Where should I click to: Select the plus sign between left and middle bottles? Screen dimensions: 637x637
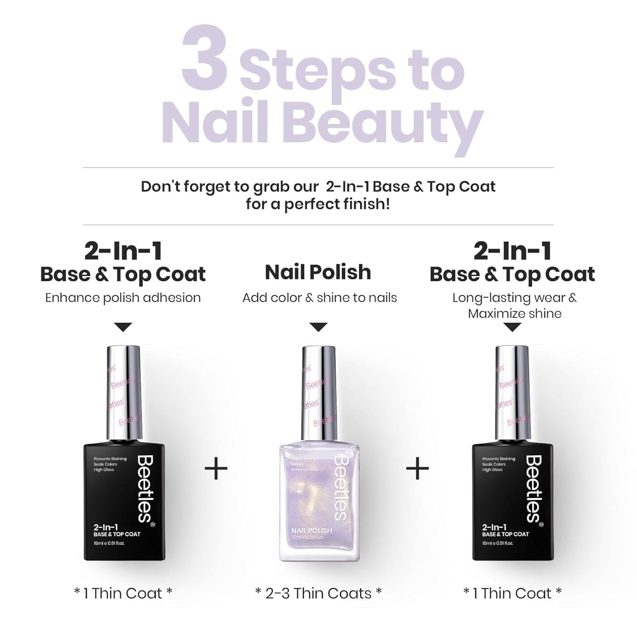pos(216,468)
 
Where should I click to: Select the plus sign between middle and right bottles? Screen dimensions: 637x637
pos(417,468)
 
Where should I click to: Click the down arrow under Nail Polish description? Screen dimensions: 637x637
pos(318,327)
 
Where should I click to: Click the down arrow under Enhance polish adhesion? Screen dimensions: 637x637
pos(123,327)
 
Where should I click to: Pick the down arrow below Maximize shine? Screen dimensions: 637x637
pos(512,328)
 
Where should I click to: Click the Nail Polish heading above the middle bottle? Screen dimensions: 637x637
pos(318,272)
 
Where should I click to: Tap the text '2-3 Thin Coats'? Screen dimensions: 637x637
pos(318,593)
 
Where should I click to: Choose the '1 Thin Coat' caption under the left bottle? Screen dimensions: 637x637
pos(123,593)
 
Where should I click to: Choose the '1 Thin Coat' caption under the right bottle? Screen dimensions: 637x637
pos(512,593)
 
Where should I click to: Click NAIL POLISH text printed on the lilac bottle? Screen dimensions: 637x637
pos(312,531)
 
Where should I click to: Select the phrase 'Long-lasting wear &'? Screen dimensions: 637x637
pos(514,298)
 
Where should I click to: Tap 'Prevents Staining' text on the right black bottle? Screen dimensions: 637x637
pos(499,459)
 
